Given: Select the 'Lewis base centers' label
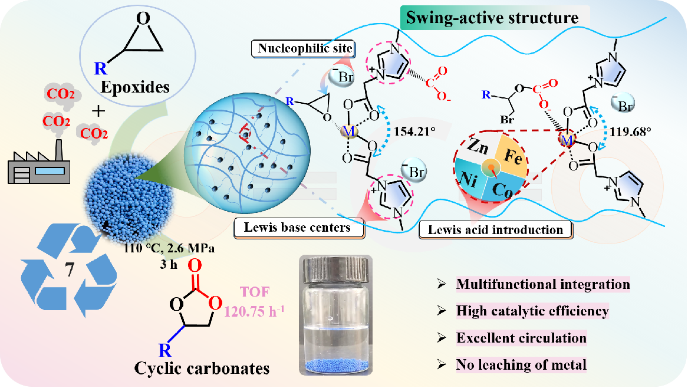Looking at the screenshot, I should pos(299,228).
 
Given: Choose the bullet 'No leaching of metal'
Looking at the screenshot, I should pos(521,365).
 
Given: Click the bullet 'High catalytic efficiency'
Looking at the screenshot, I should pos(532,311).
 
